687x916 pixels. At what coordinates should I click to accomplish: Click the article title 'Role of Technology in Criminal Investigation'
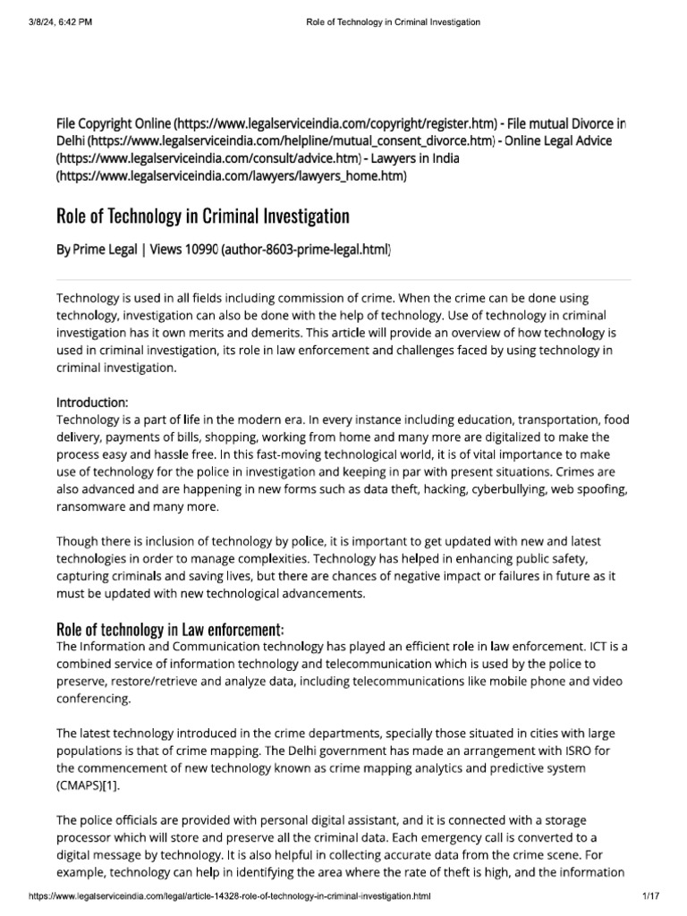pos(202,216)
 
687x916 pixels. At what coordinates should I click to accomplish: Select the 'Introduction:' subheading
pos(93,402)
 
